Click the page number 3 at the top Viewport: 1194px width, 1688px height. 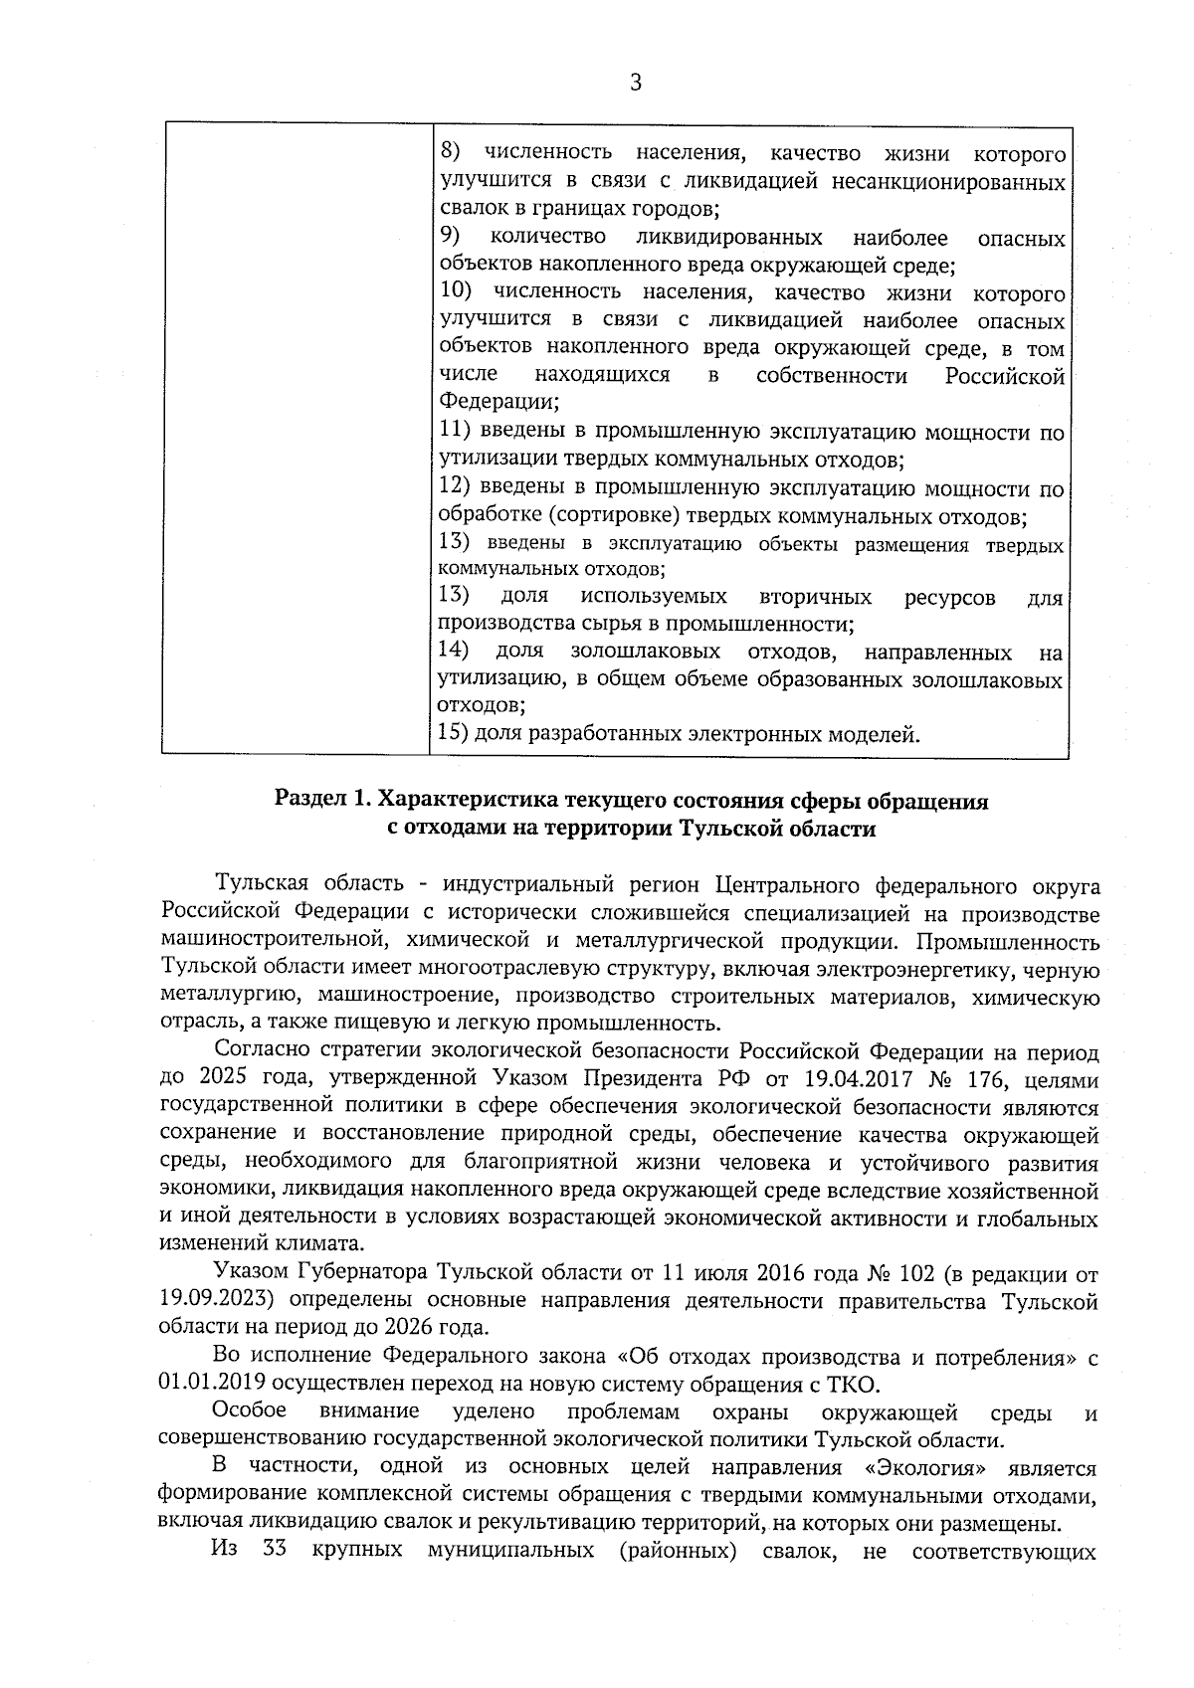tap(635, 84)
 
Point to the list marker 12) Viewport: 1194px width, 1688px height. tap(455, 486)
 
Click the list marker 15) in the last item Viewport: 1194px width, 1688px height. tap(454, 735)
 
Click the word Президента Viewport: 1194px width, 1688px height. tap(636, 1079)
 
